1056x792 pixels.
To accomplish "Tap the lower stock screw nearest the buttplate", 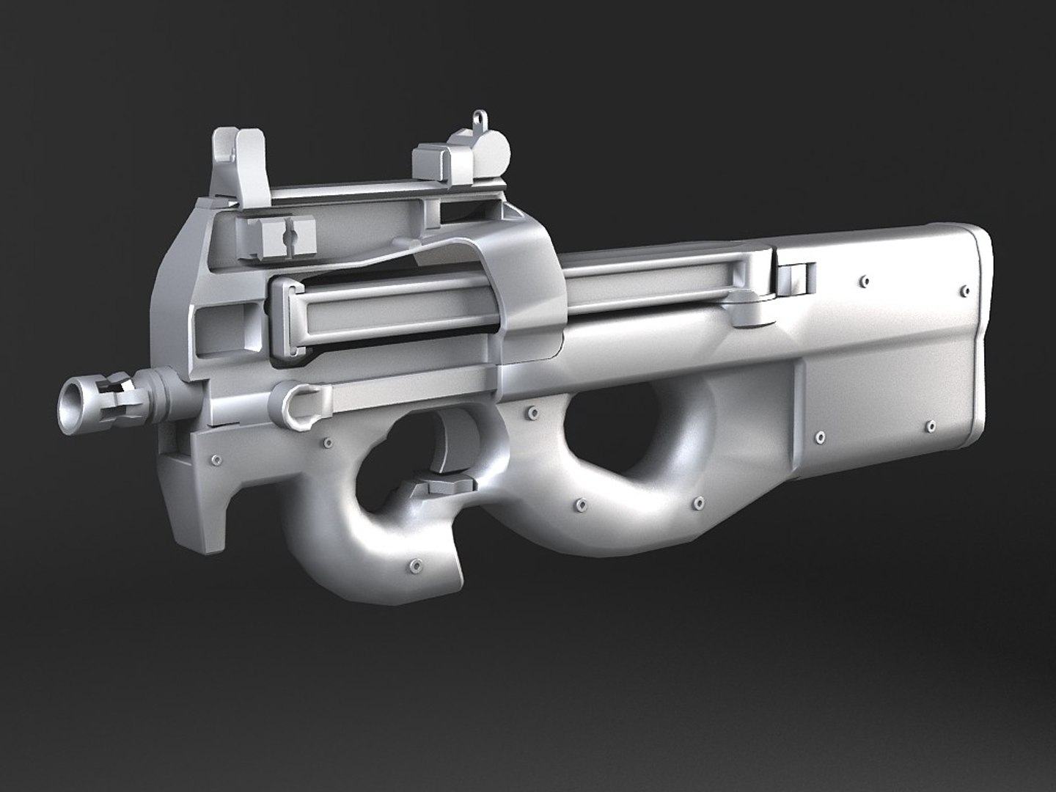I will [x=931, y=425].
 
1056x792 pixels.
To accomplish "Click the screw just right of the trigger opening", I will [x=524, y=415].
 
